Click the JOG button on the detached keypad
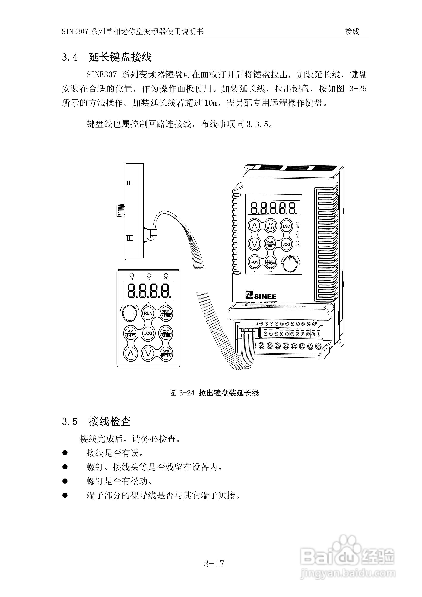pyautogui.click(x=148, y=333)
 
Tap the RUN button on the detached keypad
pyautogui.click(x=148, y=313)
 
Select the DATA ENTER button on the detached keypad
pyautogui.click(x=166, y=353)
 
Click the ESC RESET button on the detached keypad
pyautogui.click(x=166, y=333)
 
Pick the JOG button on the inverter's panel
pyautogui.click(x=286, y=244)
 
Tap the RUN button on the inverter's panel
pyautogui.click(x=254, y=262)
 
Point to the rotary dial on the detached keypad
pyautogui.click(x=129, y=313)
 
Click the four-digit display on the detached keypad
pyautogui.click(x=149, y=291)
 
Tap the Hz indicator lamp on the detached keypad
pyautogui.click(x=132, y=275)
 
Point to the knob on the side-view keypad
pyautogui.click(x=120, y=210)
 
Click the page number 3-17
pyautogui.click(x=214, y=564)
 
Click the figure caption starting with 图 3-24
pyautogui.click(x=214, y=393)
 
